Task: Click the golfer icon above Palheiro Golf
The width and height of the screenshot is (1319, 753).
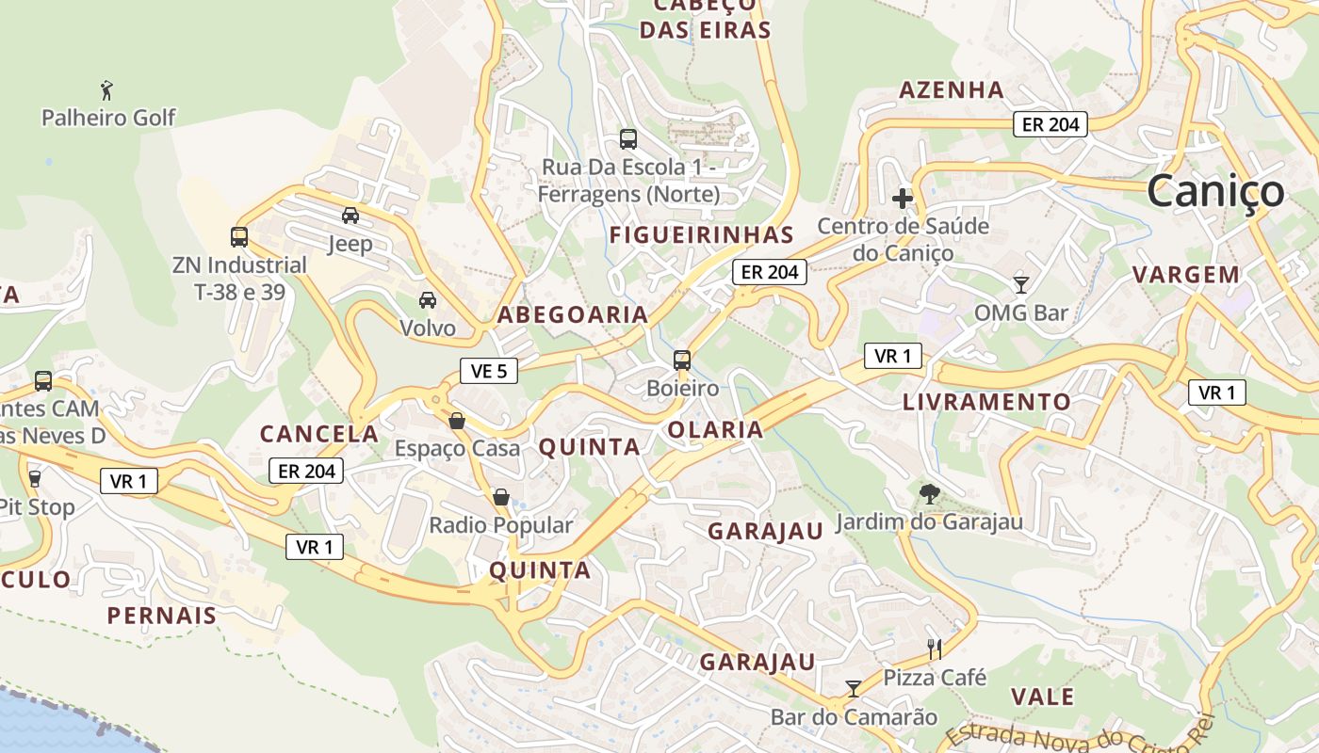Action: [107, 91]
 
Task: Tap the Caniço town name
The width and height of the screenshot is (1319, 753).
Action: [1215, 191]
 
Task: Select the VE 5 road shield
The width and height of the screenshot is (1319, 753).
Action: [489, 371]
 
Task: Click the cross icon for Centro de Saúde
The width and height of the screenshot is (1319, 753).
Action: [903, 199]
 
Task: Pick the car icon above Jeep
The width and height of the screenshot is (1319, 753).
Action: [350, 216]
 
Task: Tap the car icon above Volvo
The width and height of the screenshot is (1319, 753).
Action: [428, 300]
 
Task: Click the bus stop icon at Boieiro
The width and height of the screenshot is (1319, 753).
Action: [682, 360]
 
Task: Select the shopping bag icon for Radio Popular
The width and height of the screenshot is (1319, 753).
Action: [501, 497]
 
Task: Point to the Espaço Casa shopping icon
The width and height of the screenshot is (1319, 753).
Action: [457, 421]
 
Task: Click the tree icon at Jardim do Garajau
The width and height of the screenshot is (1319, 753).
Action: [929, 493]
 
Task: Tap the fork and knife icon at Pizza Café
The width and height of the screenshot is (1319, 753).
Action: [935, 649]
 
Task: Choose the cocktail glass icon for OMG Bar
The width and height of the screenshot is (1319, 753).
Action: [1021, 284]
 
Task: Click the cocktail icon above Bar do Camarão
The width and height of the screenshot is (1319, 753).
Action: [854, 689]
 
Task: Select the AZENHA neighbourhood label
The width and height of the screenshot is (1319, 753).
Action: [952, 90]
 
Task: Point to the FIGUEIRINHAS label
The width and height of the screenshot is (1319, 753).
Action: [702, 234]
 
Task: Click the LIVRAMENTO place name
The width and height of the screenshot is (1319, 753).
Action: [986, 402]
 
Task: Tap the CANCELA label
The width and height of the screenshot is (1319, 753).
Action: [319, 434]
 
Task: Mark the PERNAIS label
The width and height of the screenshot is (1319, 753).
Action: [162, 616]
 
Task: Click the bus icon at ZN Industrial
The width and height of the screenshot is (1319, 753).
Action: [239, 237]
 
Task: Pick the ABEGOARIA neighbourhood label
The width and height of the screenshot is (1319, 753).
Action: [573, 314]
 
